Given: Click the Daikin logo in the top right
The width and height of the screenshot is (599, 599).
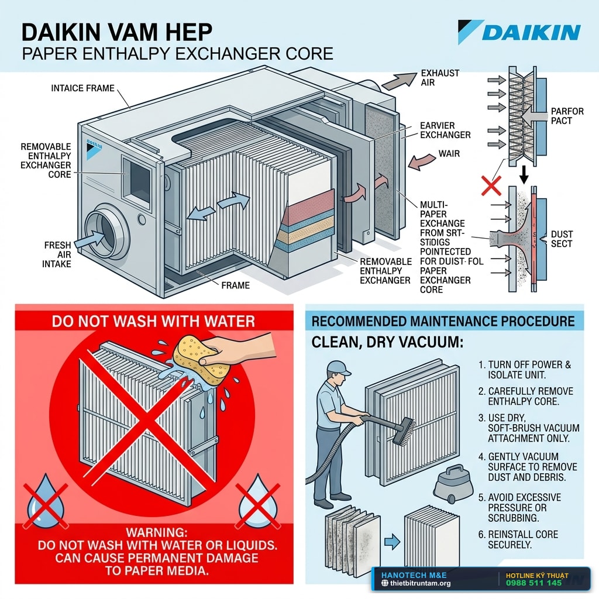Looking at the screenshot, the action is tap(519, 32).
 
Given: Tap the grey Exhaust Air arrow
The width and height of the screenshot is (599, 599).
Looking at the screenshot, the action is tap(399, 81).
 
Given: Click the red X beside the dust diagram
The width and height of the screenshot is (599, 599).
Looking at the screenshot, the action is tap(491, 186).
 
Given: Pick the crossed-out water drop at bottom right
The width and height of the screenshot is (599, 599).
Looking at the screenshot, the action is tap(257, 501).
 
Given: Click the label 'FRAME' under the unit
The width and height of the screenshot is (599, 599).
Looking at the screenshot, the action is tap(235, 285).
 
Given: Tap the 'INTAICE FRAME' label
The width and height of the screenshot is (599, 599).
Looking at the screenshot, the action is tap(83, 88).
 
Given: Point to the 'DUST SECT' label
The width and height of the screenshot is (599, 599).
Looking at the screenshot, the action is tap(561, 239).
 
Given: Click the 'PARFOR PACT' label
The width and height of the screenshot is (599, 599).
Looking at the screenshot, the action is tap(567, 116).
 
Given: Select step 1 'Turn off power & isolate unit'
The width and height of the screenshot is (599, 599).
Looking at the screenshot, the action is tap(525, 370).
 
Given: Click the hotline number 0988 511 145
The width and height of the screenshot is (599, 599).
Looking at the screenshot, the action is tap(534, 583).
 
